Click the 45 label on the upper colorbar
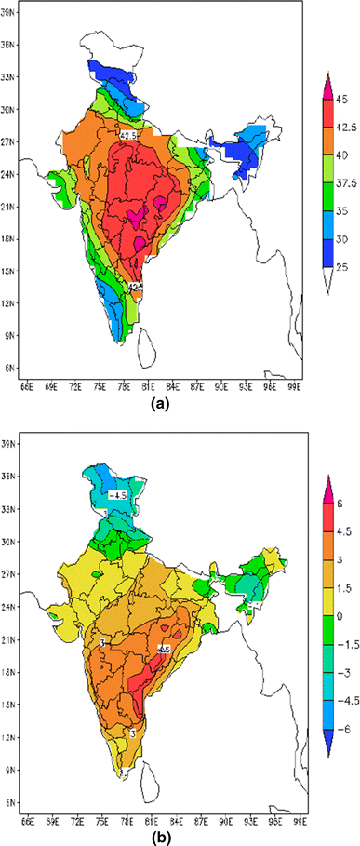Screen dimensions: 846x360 340,100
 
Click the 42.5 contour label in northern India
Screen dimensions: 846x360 128,136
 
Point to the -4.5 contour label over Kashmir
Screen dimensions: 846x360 118,494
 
